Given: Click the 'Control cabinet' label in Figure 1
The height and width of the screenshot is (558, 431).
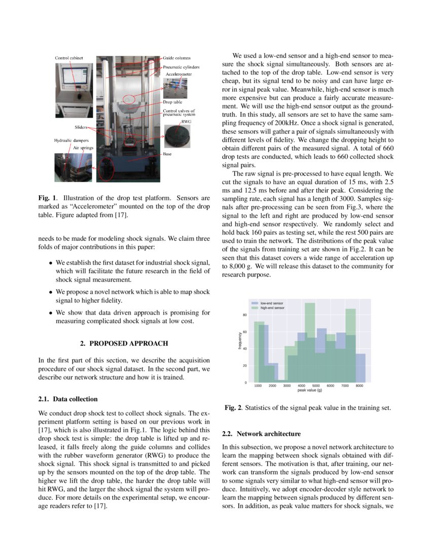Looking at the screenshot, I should point(69,58).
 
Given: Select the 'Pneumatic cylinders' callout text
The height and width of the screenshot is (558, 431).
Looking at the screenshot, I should point(181,67).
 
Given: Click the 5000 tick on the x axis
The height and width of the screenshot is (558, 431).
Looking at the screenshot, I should point(315,386).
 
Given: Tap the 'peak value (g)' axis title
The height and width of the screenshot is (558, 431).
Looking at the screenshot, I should point(309,391).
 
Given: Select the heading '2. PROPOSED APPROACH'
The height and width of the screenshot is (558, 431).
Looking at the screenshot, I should point(124,343).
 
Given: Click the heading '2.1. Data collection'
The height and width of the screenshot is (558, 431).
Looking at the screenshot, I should point(68,399).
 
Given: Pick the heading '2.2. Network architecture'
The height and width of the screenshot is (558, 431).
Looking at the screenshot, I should point(261,434).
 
